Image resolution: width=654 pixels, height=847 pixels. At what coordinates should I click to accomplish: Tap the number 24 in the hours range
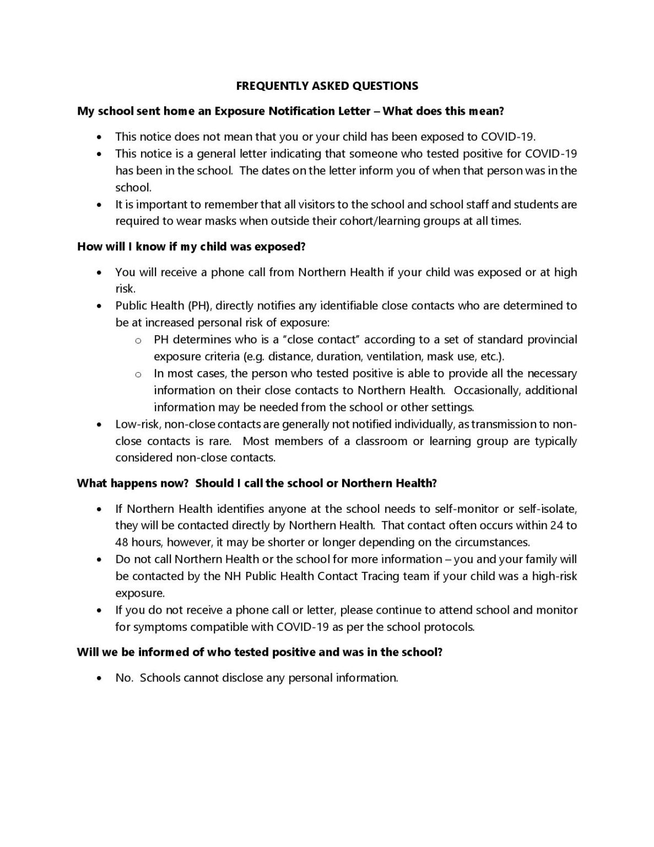(x=556, y=526)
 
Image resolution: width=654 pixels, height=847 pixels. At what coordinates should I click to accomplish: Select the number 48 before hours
(x=121, y=542)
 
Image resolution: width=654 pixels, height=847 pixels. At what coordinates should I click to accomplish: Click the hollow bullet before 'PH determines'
(x=138, y=340)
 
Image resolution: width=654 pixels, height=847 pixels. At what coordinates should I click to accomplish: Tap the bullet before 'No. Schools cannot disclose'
(x=99, y=678)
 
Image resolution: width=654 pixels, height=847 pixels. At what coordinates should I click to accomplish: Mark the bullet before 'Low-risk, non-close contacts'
(x=99, y=425)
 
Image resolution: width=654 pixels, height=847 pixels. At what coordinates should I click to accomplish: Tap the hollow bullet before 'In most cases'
(x=138, y=374)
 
